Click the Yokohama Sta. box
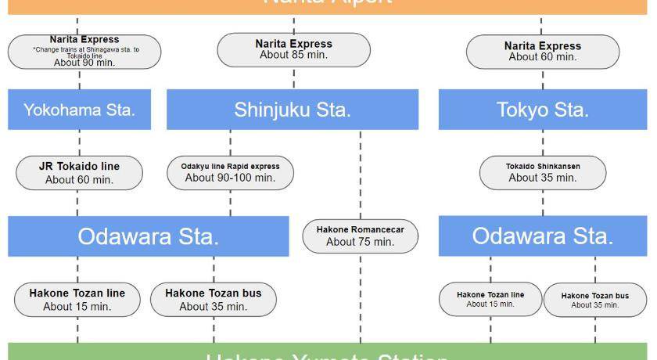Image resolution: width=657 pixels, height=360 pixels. click(79, 110)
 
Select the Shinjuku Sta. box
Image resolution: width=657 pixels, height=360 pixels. click(293, 110)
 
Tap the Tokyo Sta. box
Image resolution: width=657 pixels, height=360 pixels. click(542, 110)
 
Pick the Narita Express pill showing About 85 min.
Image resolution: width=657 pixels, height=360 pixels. click(293, 49)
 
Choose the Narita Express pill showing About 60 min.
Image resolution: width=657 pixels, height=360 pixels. click(542, 52)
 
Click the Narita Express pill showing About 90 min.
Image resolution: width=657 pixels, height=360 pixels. click(84, 51)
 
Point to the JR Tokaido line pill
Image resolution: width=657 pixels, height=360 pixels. click(79, 173)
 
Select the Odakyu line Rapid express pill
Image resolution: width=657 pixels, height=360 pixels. click(230, 172)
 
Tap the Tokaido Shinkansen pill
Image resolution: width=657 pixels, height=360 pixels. click(542, 172)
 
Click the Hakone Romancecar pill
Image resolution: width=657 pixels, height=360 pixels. click(360, 236)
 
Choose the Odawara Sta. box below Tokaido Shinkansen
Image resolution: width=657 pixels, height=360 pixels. click(542, 236)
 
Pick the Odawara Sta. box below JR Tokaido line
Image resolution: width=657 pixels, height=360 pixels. click(148, 236)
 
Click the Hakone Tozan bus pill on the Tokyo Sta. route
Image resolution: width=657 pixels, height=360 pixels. click(594, 300)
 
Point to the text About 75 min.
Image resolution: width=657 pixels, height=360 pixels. click(360, 242)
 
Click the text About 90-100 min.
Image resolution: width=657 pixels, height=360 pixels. click(230, 178)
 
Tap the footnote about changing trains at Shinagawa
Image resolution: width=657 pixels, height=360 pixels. click(84, 52)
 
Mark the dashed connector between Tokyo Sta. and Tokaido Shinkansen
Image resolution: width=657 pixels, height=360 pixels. click(542, 142)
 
